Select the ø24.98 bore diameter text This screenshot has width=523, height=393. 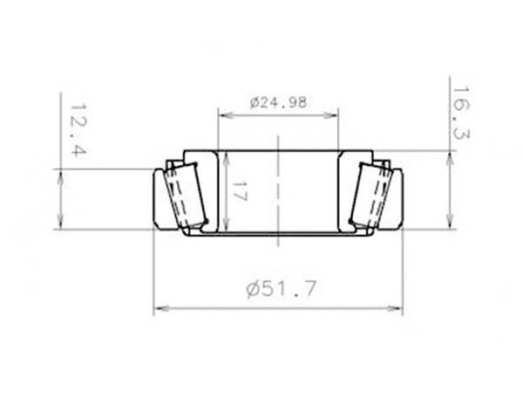(x=277, y=102)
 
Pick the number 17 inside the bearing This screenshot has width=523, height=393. (x=241, y=192)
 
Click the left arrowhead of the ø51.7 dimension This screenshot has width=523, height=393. (x=158, y=308)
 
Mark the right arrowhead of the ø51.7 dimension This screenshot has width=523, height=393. (x=398, y=308)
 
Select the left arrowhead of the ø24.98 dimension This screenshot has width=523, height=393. (x=222, y=114)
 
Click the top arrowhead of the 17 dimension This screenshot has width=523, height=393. (x=226, y=156)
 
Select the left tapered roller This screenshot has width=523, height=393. (x=187, y=195)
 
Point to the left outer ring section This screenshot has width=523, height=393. (x=161, y=199)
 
